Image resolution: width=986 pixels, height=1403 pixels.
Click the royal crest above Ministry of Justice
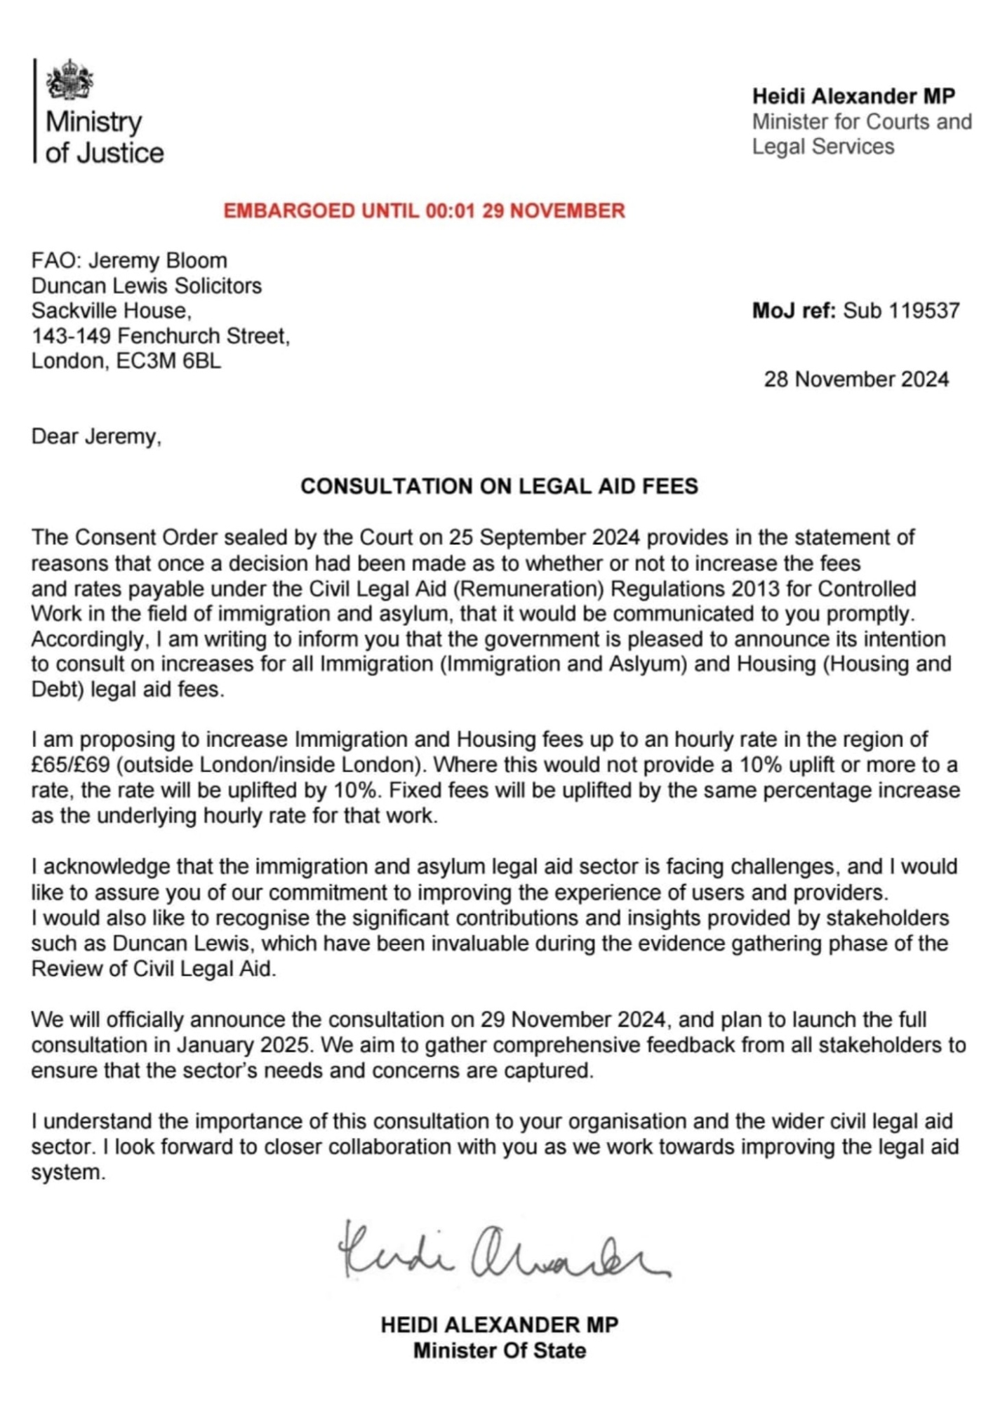(69, 80)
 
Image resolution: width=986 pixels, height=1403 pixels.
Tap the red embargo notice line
(424, 210)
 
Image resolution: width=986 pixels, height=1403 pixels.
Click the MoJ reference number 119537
(901, 311)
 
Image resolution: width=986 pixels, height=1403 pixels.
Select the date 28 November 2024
(856, 380)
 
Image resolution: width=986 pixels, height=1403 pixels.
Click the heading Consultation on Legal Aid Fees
(499, 486)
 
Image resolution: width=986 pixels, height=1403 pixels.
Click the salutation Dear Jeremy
(96, 436)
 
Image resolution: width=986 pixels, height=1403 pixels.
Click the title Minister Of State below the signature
(499, 1350)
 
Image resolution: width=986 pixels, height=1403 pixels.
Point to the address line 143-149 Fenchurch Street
(160, 336)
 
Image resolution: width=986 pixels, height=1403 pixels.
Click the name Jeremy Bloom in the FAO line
(158, 260)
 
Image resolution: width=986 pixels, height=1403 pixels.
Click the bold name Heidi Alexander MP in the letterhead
(853, 96)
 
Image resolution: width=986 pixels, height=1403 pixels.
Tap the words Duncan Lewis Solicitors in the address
(146, 286)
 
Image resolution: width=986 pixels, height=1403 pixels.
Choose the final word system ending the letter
(67, 1172)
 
